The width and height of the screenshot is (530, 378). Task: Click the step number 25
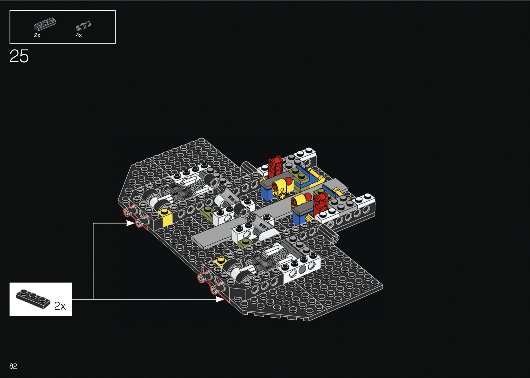[19, 56]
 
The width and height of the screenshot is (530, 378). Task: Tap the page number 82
[13, 366]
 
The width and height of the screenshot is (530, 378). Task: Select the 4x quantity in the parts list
[79, 35]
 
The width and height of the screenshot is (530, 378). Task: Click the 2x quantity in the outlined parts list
[37, 35]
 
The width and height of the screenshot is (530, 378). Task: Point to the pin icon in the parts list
[84, 26]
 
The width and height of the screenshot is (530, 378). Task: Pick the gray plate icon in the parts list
[45, 24]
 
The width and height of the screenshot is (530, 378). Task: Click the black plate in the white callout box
[33, 299]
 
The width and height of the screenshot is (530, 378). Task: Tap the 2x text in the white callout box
[60, 306]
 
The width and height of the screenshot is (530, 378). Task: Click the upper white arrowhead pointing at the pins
[131, 223]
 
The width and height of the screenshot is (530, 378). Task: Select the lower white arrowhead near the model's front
[220, 299]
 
